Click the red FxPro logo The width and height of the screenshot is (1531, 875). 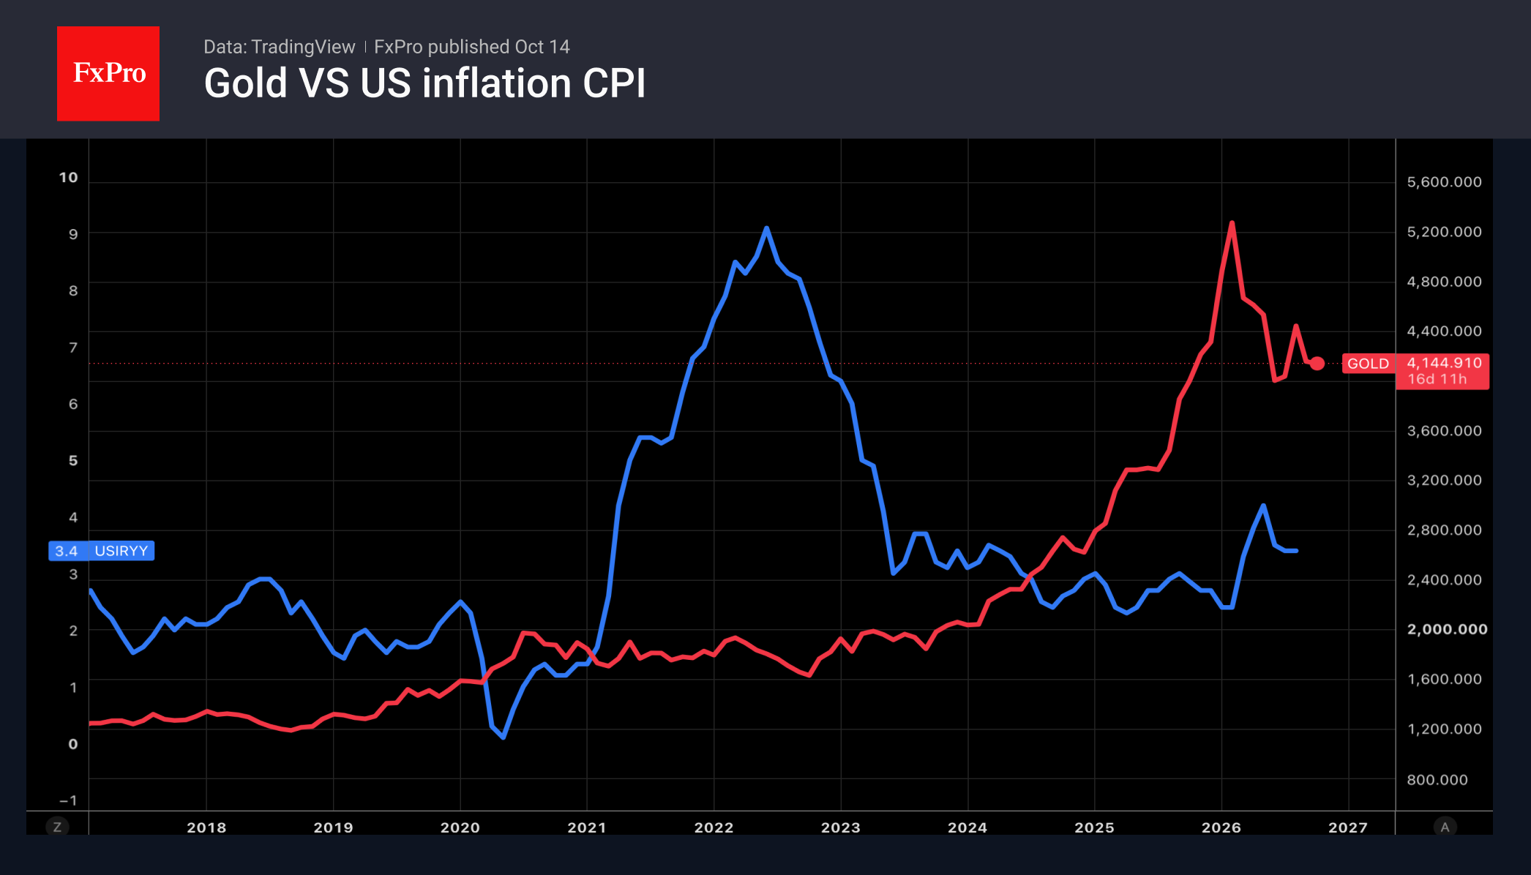coord(108,73)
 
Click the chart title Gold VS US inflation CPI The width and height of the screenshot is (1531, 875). coord(424,83)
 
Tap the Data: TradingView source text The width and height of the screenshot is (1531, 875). coord(279,47)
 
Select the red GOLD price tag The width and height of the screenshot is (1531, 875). coord(1368,364)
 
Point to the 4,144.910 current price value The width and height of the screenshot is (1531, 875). coord(1444,363)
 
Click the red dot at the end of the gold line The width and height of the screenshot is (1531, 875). coord(1317,364)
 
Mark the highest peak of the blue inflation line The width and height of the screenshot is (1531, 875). coord(766,228)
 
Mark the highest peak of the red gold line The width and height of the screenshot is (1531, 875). coord(1232,222)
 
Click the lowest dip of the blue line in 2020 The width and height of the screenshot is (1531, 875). coord(504,737)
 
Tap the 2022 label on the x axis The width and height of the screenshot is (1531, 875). coord(714,827)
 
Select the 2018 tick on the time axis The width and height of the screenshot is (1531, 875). coord(206,827)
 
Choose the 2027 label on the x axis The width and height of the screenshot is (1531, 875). coord(1348,827)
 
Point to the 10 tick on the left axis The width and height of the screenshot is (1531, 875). coord(68,178)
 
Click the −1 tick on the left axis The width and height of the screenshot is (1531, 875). coord(68,800)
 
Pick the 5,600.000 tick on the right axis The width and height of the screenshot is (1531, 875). coord(1444,182)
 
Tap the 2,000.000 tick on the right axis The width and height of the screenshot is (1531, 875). coord(1447,629)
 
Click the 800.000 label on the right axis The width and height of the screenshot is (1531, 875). coord(1437,780)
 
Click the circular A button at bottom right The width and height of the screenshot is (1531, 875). coord(1445,827)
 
